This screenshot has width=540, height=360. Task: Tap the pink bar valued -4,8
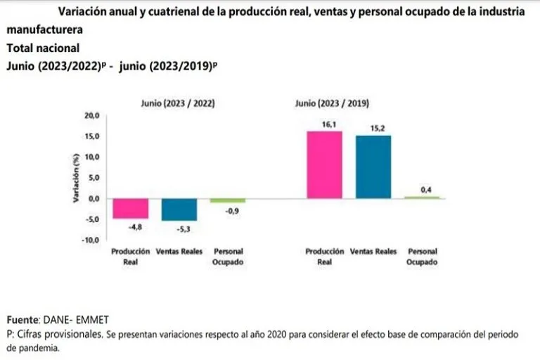click(131, 209)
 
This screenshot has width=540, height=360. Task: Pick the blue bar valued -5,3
click(179, 210)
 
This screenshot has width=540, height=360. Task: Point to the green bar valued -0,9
click(229, 200)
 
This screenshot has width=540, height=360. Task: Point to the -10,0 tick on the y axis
click(92, 240)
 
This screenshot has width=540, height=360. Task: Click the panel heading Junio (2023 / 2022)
click(179, 103)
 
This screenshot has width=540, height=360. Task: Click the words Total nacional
click(42, 49)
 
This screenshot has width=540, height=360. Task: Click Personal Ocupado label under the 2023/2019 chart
click(423, 257)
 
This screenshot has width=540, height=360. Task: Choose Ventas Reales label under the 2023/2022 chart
click(179, 251)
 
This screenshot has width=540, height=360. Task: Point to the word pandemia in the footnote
click(41, 347)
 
